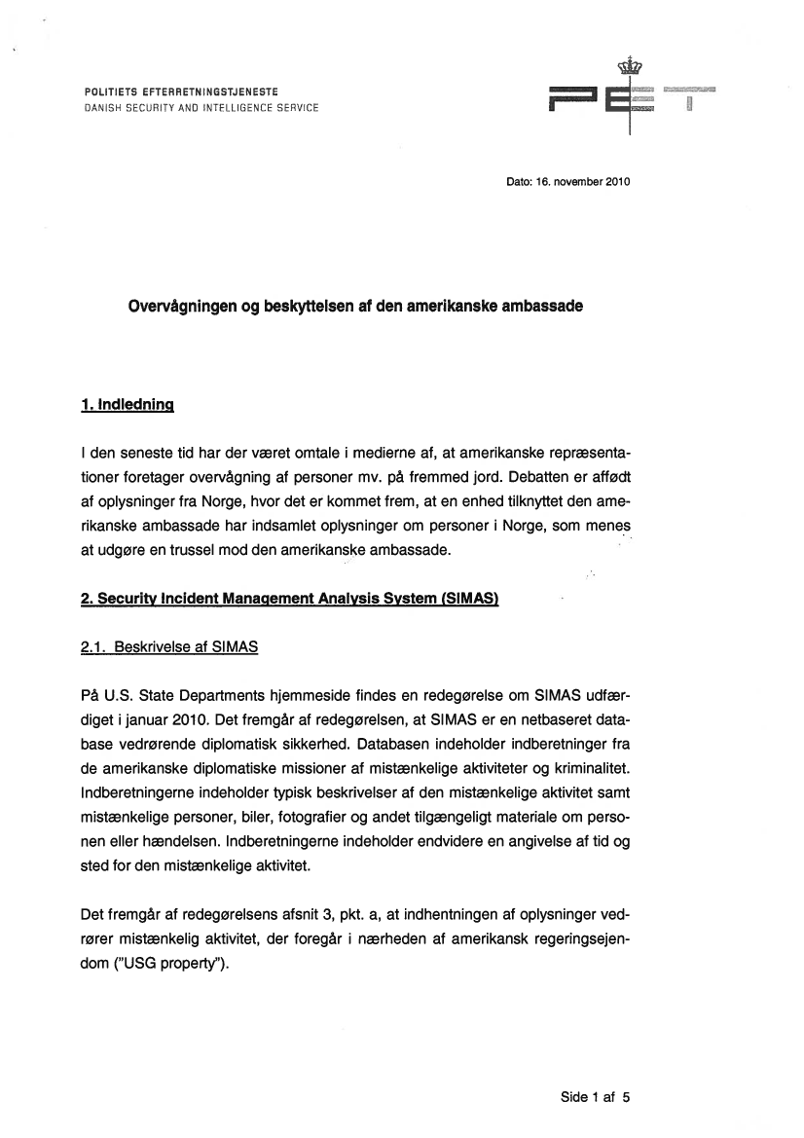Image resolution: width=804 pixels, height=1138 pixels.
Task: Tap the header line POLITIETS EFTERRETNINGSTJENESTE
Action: point(182,92)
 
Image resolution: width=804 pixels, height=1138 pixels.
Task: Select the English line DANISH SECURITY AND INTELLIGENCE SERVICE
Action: point(201,108)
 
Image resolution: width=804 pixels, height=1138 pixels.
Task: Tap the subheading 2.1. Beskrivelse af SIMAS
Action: point(169,645)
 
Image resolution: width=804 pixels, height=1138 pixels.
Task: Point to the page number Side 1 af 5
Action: point(596,1096)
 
